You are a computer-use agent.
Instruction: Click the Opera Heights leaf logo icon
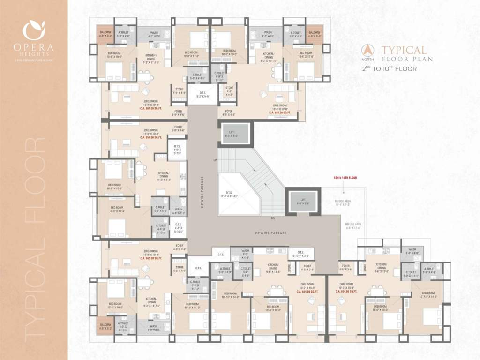34,31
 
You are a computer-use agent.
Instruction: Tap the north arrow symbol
369,49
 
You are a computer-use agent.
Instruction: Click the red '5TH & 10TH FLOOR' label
345,178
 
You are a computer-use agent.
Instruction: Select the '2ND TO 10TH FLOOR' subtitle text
389,68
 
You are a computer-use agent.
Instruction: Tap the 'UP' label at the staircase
215,160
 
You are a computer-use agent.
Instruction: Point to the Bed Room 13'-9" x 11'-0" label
117,209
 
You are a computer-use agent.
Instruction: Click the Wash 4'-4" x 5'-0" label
179,211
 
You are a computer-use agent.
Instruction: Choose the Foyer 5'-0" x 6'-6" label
178,128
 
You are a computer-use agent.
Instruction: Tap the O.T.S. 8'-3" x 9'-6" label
203,94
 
